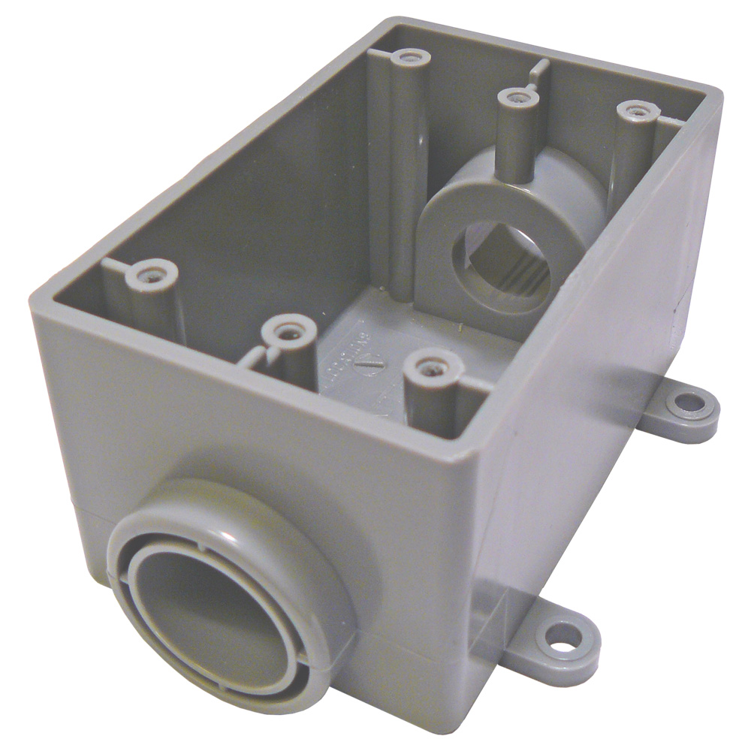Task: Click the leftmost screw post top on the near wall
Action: pos(152,273)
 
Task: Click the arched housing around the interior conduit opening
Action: pos(481,225)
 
